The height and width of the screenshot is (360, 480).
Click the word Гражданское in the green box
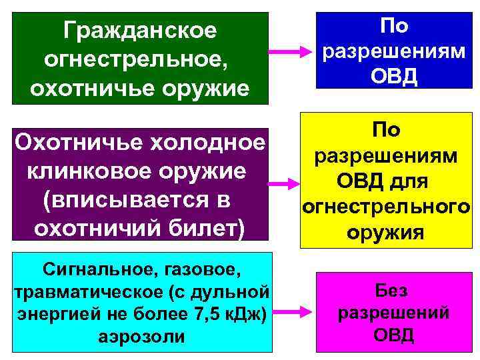point(140,30)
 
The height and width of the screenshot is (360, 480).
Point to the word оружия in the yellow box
point(386,233)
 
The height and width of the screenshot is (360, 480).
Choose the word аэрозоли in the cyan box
point(141,336)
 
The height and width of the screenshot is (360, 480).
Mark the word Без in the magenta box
point(393,291)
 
